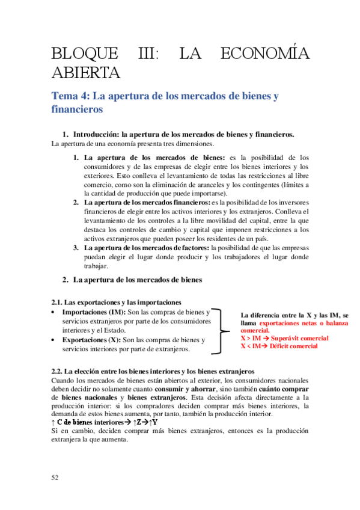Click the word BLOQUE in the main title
[x=85, y=54]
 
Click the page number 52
[x=55, y=477]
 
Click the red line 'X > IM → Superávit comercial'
[x=284, y=339]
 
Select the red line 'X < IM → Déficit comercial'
[x=279, y=346]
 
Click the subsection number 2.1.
[x=56, y=302]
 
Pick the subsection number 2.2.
[x=56, y=371]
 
